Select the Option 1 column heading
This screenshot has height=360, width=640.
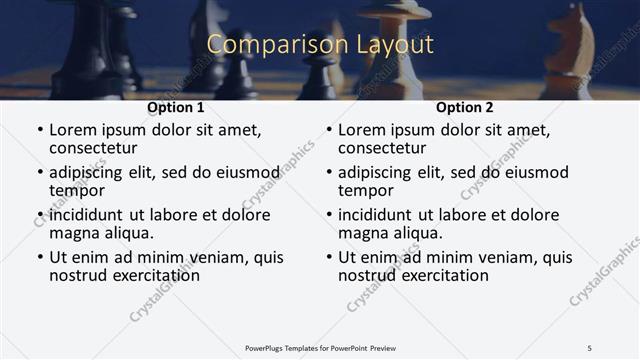[176, 108]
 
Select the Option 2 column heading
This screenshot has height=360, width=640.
[465, 108]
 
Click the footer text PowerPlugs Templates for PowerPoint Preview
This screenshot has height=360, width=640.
[320, 347]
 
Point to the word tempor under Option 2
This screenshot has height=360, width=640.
[366, 190]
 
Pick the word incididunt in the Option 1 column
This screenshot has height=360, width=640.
[86, 215]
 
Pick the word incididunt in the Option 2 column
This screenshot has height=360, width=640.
[375, 215]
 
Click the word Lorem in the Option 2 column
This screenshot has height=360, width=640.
[362, 130]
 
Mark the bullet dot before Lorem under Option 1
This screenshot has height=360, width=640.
[40, 131]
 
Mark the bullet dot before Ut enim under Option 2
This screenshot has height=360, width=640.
[329, 258]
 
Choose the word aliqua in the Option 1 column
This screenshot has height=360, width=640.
[127, 233]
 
